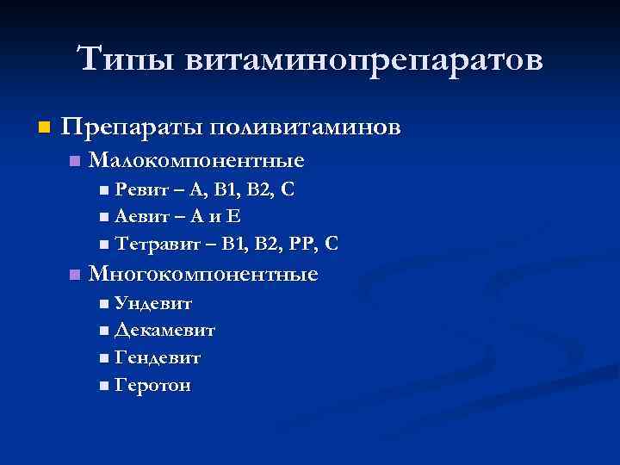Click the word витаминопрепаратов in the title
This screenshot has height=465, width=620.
point(363,60)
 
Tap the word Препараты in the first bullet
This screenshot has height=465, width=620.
point(131,127)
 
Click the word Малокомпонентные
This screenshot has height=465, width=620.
point(196,160)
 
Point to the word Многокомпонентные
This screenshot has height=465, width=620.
point(203,275)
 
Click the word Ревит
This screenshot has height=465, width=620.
point(136,189)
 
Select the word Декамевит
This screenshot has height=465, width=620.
point(164,330)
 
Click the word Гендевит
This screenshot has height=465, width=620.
point(157,357)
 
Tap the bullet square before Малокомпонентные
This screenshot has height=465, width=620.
point(75,161)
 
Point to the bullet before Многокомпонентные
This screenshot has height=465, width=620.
point(75,276)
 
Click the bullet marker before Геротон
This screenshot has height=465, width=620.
point(104,386)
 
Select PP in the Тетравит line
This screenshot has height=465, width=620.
point(300,244)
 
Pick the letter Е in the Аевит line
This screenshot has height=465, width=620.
point(232,216)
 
